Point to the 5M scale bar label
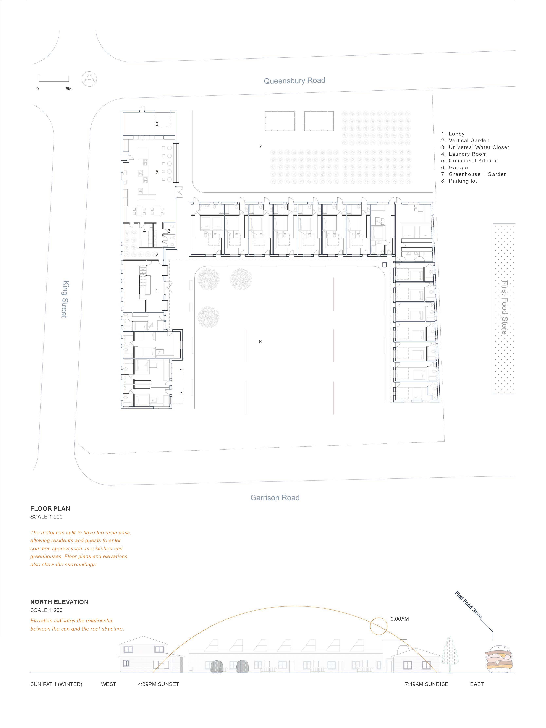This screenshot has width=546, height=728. (x=69, y=89)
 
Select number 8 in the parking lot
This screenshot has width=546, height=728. (x=260, y=342)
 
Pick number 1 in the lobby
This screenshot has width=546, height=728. (x=157, y=290)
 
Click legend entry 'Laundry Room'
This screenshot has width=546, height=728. (x=464, y=154)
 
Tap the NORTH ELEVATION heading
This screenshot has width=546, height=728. (x=59, y=602)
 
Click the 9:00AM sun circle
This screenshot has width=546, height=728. (x=379, y=626)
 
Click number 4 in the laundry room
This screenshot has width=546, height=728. (x=144, y=231)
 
